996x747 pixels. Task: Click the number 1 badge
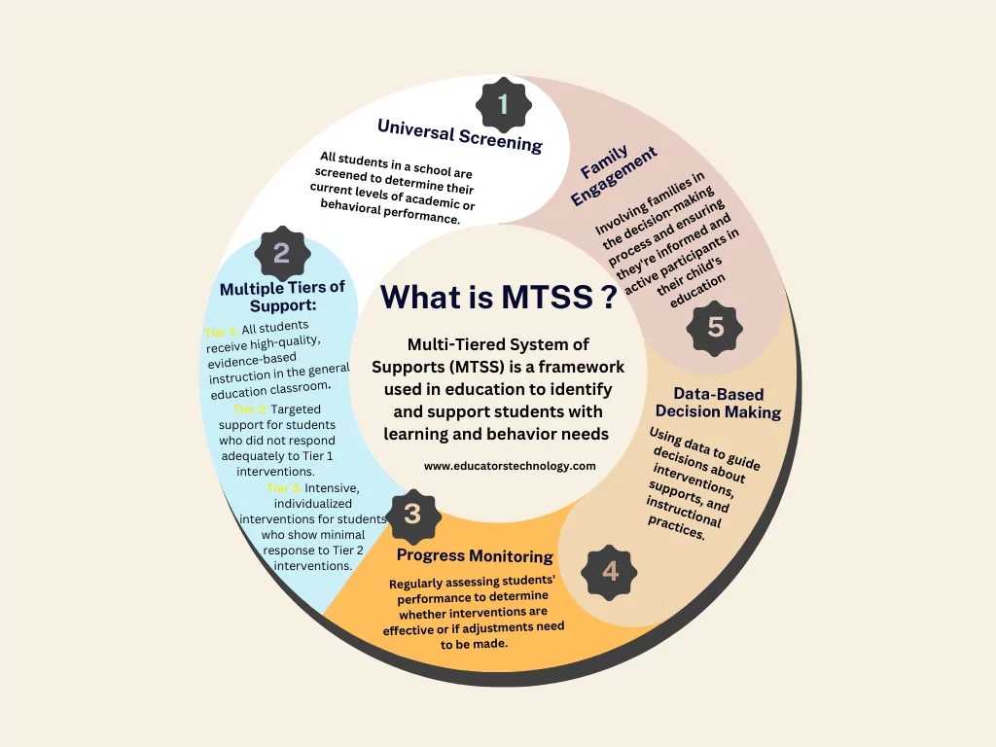503,104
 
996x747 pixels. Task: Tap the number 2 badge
281,254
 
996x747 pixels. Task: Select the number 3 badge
412,514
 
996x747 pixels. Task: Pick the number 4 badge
610,571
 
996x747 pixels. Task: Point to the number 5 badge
716,327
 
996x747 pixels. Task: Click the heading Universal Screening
459,135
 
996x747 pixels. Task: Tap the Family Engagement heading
614,175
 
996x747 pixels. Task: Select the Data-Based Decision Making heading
718,403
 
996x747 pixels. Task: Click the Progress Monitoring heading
475,556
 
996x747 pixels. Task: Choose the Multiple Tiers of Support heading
282,297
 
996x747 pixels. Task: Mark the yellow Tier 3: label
284,487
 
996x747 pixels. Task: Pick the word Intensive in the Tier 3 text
335,487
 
